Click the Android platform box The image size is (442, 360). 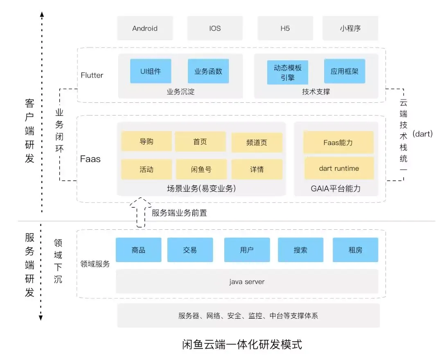(145, 28)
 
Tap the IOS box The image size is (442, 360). (215, 28)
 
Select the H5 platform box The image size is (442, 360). (285, 28)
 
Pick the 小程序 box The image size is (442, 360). (350, 28)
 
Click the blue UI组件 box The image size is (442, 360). (151, 71)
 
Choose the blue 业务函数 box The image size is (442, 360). (208, 71)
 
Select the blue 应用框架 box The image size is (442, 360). (345, 71)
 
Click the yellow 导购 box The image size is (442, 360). (146, 142)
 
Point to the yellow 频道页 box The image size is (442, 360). (257, 143)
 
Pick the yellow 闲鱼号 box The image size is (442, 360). (201, 169)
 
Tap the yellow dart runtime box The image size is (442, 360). (339, 168)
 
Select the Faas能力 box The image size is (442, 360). (338, 143)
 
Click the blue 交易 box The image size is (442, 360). (190, 250)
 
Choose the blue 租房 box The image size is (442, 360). (355, 250)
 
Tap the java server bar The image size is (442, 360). (247, 282)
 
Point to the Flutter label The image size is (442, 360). (92, 75)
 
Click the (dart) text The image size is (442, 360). (423, 134)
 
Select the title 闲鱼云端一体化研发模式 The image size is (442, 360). (242, 344)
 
